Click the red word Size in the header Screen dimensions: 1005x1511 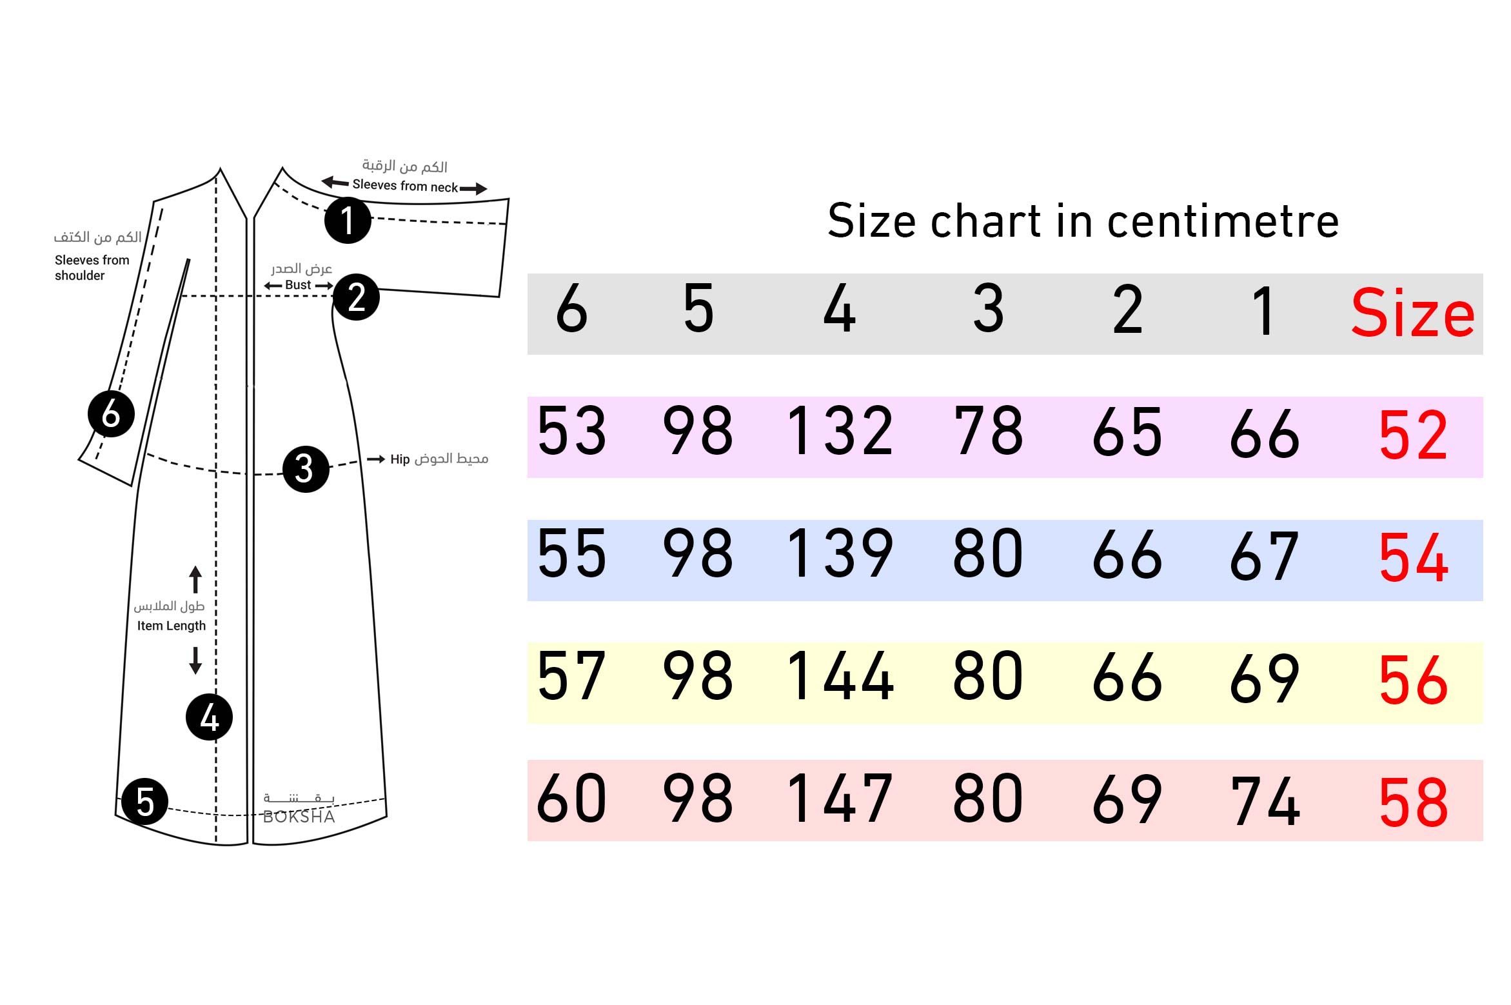(1412, 313)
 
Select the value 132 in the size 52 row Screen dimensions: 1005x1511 (840, 431)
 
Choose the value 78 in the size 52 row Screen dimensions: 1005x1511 (988, 431)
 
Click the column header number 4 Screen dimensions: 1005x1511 (839, 310)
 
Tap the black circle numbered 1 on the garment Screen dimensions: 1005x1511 (348, 220)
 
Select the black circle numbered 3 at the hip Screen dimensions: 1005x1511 (306, 469)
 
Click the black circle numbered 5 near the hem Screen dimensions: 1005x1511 (144, 802)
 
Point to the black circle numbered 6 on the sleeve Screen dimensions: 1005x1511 (111, 413)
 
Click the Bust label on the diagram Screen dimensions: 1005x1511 (298, 285)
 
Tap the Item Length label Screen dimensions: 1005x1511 (171, 626)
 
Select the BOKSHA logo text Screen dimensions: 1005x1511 (299, 817)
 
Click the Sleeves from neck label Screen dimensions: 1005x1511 (405, 186)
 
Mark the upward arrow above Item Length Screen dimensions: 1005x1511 (195, 579)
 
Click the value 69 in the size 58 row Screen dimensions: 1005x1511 (1127, 800)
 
